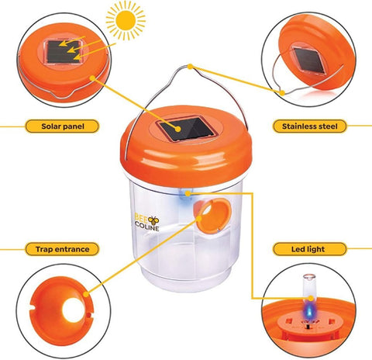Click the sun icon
[126, 20]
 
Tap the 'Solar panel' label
[62, 126]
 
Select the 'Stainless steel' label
[309, 126]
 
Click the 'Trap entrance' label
[62, 249]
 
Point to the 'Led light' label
[309, 249]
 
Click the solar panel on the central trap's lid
[187, 129]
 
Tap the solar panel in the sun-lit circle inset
[63, 52]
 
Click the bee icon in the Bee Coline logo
[154, 220]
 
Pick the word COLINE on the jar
[147, 227]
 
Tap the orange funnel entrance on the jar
[212, 216]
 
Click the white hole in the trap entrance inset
[74, 310]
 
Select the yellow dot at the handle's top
[190, 67]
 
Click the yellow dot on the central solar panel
[177, 129]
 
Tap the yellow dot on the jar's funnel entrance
[199, 218]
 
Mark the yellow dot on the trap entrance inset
[86, 294]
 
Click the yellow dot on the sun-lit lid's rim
[92, 77]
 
